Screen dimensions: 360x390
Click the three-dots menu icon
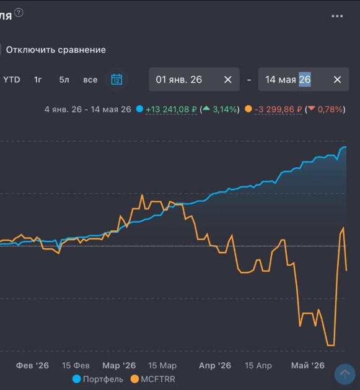pyautogui.click(x=337, y=16)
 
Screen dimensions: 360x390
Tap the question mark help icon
pyautogui.click(x=19, y=12)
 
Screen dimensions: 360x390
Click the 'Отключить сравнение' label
pyautogui.click(x=56, y=50)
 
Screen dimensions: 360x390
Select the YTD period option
pyautogui.click(x=12, y=80)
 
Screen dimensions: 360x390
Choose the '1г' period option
pyautogui.click(x=38, y=80)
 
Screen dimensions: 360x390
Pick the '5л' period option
pyautogui.click(x=64, y=80)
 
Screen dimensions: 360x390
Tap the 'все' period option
pyautogui.click(x=90, y=80)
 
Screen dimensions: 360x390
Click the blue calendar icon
pyautogui.click(x=116, y=79)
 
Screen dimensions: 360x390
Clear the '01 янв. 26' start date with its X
pyautogui.click(x=228, y=80)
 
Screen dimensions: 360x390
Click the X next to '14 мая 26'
pyautogui.click(x=337, y=80)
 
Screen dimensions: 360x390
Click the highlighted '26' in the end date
pyautogui.click(x=305, y=79)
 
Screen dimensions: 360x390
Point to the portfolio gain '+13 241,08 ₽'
pyautogui.click(x=171, y=109)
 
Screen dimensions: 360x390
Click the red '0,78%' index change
pyautogui.click(x=330, y=109)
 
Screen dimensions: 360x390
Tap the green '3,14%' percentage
pyautogui.click(x=224, y=109)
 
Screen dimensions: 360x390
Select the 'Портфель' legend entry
pyautogui.click(x=98, y=379)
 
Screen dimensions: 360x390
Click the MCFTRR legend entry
pyautogui.click(x=153, y=379)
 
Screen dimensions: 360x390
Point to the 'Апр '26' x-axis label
pyautogui.click(x=215, y=365)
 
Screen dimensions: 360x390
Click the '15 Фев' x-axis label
pyautogui.click(x=76, y=365)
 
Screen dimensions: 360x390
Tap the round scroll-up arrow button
pyautogui.click(x=345, y=374)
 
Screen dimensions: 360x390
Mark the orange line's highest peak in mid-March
pyautogui.click(x=142, y=195)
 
